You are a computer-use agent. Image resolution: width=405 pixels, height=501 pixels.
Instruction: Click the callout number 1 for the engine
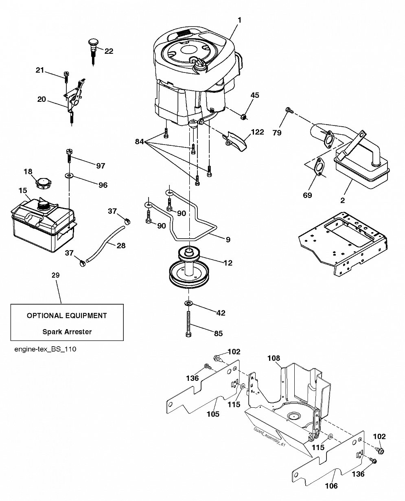(239, 20)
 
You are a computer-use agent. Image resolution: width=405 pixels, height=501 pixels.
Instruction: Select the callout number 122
(258, 132)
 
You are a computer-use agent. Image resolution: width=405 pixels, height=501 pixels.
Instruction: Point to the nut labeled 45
(244, 116)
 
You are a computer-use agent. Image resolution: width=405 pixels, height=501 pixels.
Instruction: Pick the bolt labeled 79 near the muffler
(289, 110)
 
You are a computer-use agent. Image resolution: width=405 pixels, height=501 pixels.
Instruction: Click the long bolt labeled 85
(188, 324)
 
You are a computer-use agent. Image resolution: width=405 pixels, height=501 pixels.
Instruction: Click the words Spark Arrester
(67, 332)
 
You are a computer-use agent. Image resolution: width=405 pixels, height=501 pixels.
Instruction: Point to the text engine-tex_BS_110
(45, 349)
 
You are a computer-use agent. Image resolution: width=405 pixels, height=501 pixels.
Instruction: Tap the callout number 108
(274, 358)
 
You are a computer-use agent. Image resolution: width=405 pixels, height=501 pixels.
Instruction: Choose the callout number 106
(331, 486)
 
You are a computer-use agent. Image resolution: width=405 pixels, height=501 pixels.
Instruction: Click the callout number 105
(213, 414)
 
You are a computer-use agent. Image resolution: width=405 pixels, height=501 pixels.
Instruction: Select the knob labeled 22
(93, 52)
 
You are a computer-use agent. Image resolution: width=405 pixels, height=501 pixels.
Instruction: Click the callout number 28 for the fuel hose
(121, 246)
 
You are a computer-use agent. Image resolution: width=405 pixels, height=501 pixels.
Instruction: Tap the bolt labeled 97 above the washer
(69, 155)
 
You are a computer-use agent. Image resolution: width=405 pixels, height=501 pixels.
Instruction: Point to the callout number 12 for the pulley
(228, 263)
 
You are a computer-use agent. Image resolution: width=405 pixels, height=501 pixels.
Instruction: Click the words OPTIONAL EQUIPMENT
(67, 316)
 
